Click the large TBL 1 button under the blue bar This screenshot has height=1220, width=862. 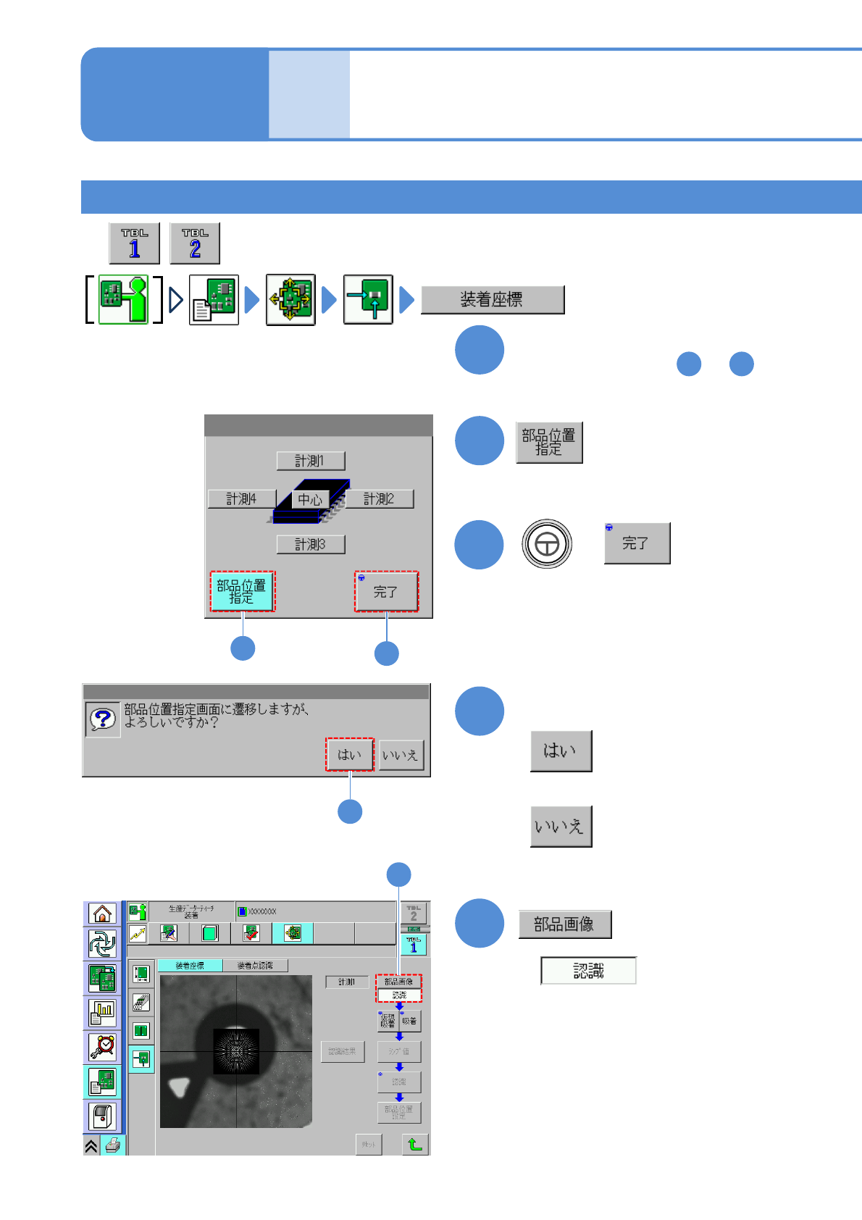pos(135,243)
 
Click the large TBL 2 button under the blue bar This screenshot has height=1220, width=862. pos(195,243)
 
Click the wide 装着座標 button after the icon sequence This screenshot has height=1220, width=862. pos(492,299)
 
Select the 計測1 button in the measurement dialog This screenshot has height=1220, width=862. pos(310,461)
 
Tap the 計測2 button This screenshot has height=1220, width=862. pos(379,499)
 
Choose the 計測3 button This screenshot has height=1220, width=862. pos(310,544)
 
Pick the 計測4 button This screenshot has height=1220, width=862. pos(241,499)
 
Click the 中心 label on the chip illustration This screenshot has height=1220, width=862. pos(310,500)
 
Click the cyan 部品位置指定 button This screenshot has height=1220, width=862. pos(242,591)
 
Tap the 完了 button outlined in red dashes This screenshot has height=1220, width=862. pos(386,591)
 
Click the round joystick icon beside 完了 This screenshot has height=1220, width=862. pos(547,543)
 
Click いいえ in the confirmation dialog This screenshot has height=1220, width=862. pos(401,755)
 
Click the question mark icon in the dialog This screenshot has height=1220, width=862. pos(103,719)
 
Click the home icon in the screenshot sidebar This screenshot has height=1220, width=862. pos(102,914)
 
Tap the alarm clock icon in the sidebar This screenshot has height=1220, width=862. pos(103,1047)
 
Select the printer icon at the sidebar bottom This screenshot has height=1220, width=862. pos(113,1145)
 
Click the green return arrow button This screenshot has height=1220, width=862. pos(415,1144)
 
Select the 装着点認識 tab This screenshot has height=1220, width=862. pos(255,966)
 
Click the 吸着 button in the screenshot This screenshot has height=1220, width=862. pos(410,1021)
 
